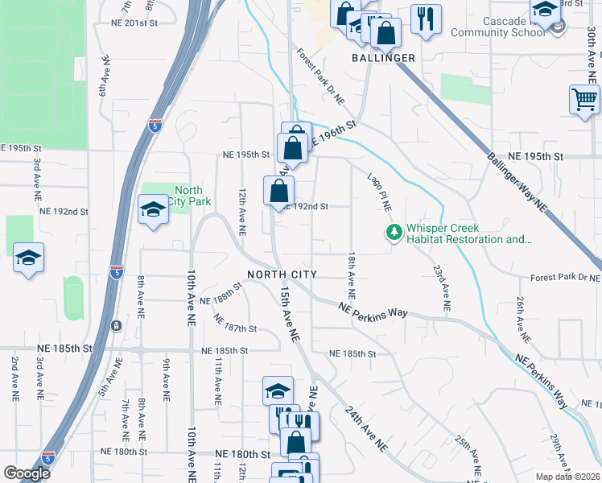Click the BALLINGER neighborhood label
click(384, 58)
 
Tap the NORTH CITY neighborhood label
click(282, 275)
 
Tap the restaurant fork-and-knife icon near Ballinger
click(426, 19)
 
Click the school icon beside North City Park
click(152, 211)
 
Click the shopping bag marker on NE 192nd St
click(278, 192)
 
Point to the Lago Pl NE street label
click(379, 192)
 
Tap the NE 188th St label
click(228, 293)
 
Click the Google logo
click(27, 473)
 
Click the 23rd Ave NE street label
click(441, 288)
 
